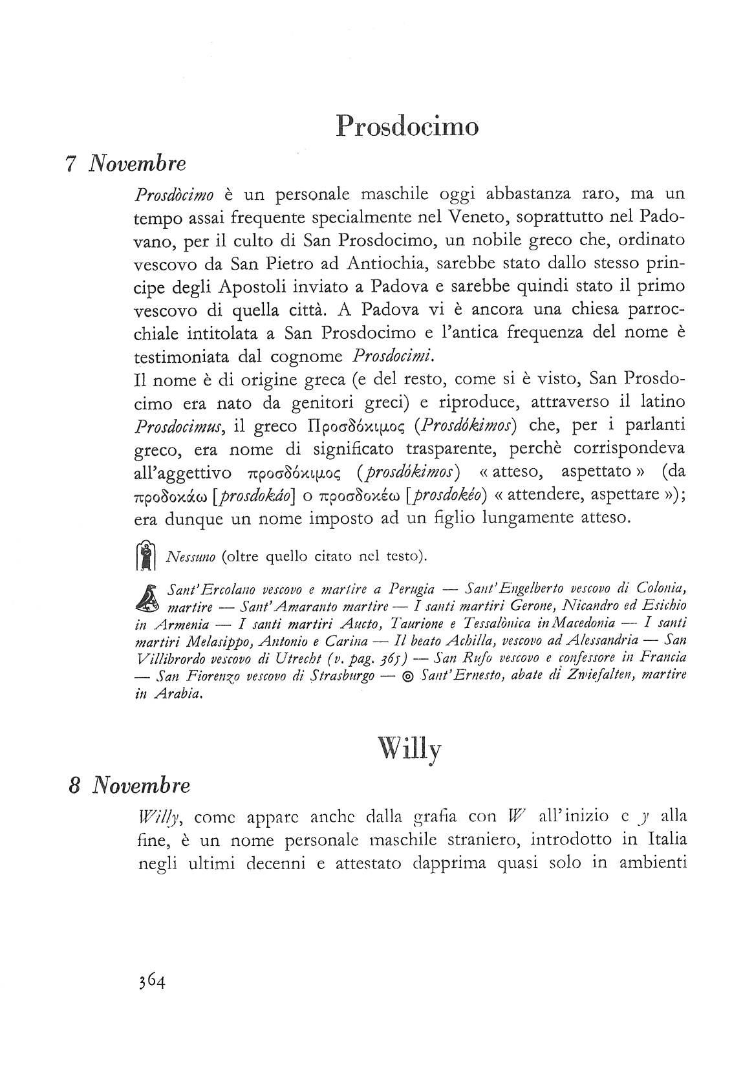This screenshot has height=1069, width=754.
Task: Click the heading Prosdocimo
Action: [408, 125]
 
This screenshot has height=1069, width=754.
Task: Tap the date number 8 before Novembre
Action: [74, 785]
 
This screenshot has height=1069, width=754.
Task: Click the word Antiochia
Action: [388, 263]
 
